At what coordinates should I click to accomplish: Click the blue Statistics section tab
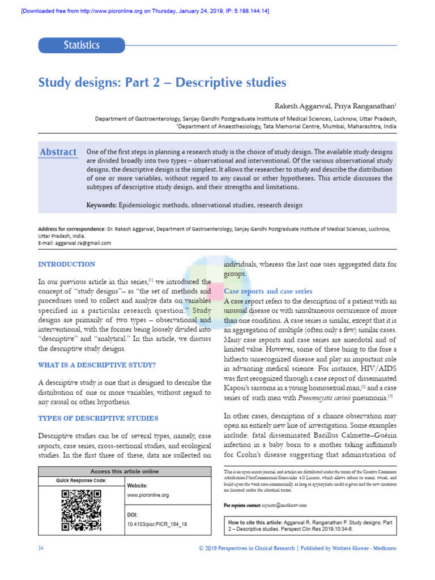point(82,45)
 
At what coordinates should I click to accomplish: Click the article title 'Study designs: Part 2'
point(162,83)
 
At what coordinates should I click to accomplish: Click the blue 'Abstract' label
point(58,152)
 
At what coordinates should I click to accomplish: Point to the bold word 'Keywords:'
point(101,205)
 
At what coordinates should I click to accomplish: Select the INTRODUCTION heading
point(66,264)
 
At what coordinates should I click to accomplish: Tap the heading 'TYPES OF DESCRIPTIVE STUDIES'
point(98,418)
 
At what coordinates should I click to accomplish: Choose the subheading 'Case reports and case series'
point(268,291)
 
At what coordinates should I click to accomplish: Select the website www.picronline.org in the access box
point(148,495)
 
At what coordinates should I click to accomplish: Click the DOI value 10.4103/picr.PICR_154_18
point(157,524)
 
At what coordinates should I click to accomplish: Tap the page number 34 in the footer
point(41,549)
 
